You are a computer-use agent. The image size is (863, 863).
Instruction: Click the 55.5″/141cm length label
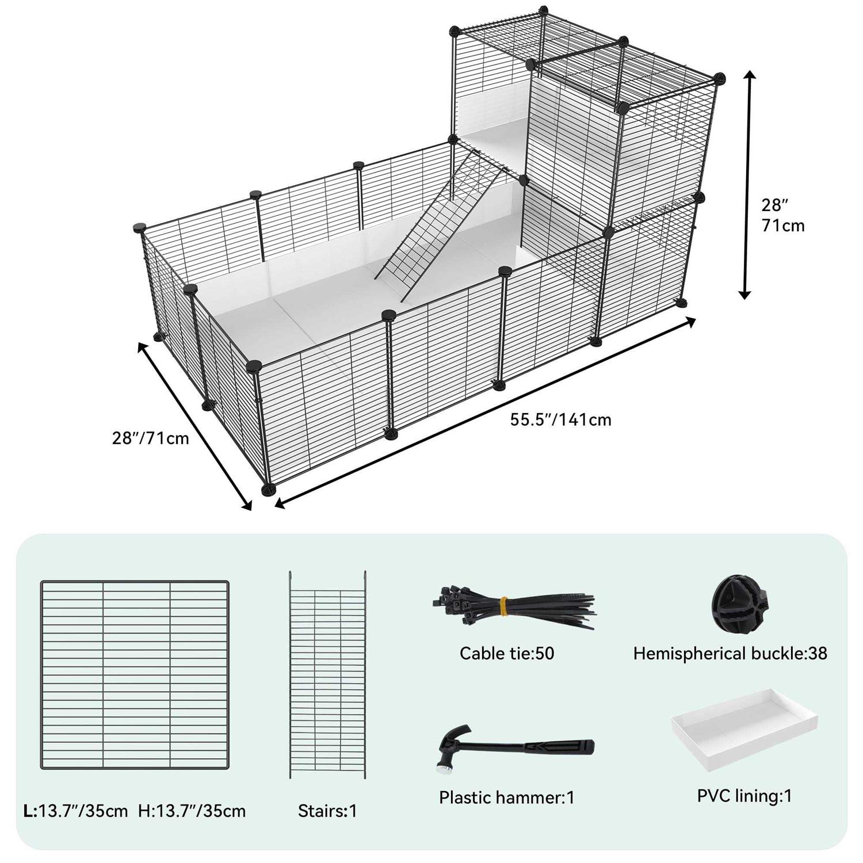pos(561,419)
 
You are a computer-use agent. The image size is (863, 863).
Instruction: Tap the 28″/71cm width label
pos(151,438)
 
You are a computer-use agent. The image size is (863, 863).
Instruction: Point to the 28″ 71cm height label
pos(783,215)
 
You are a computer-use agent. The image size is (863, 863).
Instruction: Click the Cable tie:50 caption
pos(507,653)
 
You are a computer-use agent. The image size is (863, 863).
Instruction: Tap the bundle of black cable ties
pos(514,609)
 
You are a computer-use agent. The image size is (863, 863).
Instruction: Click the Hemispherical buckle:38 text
pos(730,654)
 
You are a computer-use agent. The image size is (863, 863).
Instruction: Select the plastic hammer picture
pos(514,749)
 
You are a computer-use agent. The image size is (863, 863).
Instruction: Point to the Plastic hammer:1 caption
pos(507,797)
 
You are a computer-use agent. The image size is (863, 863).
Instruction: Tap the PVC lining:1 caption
pos(744,796)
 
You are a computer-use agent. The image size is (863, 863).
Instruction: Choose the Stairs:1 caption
pos(327,811)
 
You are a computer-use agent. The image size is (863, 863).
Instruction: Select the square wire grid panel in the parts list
pos(135,675)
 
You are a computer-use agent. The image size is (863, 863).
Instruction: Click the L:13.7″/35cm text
pos(75,811)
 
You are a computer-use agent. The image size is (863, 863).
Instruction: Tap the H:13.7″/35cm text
pos(192,811)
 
